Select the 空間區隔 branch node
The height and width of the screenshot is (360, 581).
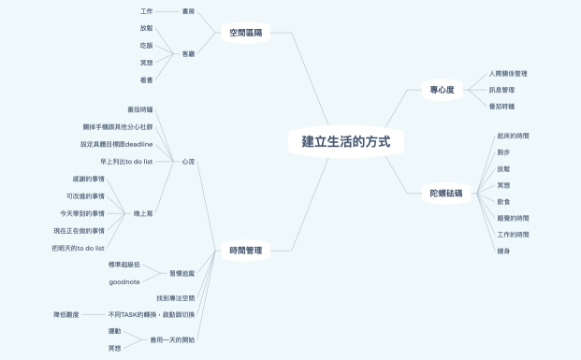click(x=246, y=33)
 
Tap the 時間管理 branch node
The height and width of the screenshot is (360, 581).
click(x=245, y=250)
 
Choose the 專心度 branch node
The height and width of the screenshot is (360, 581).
click(x=443, y=90)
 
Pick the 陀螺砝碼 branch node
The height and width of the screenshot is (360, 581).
click(x=446, y=193)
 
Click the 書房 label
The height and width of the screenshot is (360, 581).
click(x=188, y=11)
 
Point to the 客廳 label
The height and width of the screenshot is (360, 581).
click(x=188, y=53)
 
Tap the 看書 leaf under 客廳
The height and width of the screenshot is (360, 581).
click(x=146, y=80)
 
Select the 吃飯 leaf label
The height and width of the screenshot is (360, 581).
click(x=146, y=45)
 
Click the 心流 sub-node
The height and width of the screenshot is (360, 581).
click(x=188, y=162)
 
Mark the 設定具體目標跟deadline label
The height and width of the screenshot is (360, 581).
click(x=116, y=144)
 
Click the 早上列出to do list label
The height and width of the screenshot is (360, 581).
click(x=126, y=161)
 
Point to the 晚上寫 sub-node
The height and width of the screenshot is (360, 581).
click(x=143, y=213)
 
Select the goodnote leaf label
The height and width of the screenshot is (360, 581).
click(x=124, y=281)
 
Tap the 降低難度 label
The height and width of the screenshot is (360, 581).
click(x=65, y=314)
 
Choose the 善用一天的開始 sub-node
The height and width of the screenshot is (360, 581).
click(x=172, y=339)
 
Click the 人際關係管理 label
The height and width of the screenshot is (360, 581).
click(x=508, y=73)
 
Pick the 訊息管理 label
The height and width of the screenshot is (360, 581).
click(x=501, y=90)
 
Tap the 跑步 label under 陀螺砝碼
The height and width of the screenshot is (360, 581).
click(x=503, y=151)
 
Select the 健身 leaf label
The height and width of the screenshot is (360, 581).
click(x=503, y=251)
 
